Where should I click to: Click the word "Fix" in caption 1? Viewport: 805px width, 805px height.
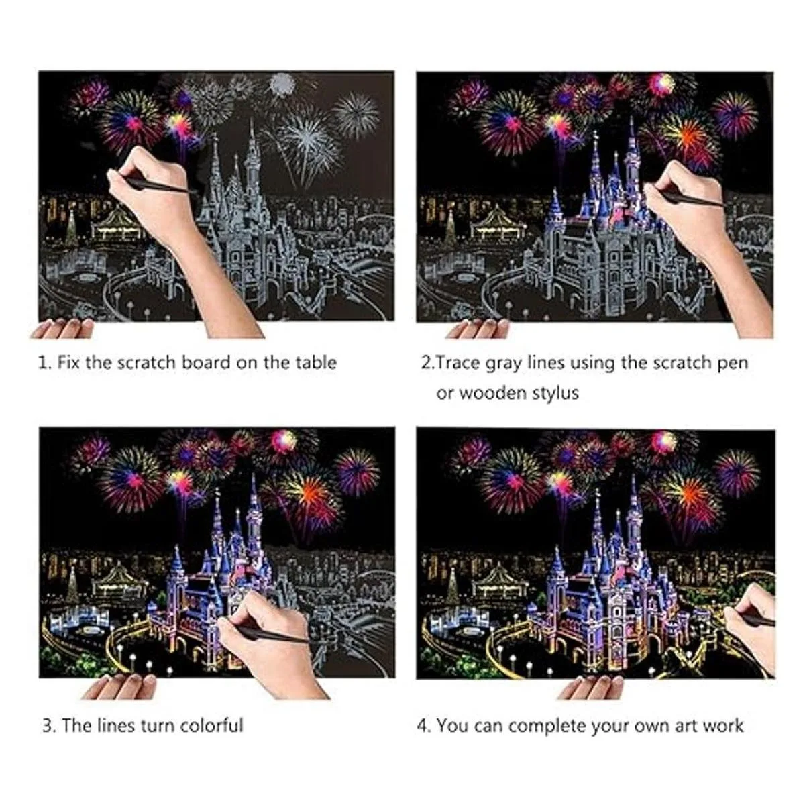coord(68,362)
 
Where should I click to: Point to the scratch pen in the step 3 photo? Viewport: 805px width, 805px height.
coord(268,635)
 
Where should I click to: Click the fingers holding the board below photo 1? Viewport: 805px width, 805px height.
coord(62,328)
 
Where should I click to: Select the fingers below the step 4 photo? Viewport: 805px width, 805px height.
coord(590,687)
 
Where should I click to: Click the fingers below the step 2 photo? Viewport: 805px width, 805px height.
coord(478,328)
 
